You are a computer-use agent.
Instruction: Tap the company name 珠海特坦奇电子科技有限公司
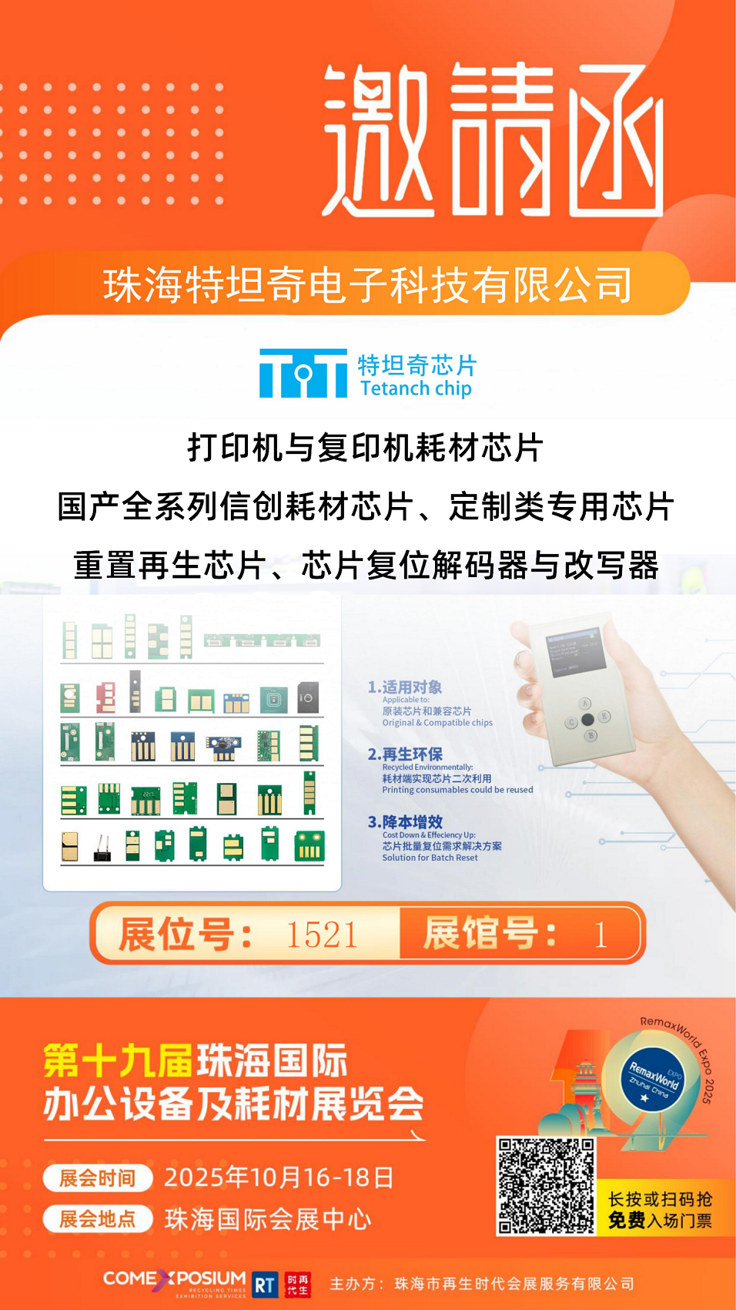click(368, 285)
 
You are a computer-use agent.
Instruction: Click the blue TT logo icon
click(303, 374)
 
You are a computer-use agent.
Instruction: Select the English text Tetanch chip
click(416, 388)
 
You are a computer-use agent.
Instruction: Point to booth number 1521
click(322, 935)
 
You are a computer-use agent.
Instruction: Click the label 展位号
click(185, 935)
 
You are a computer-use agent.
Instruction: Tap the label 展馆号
click(490, 933)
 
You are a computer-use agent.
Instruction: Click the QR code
click(546, 1186)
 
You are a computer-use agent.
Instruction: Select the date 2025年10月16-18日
click(279, 1177)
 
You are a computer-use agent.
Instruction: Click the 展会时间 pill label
click(98, 1178)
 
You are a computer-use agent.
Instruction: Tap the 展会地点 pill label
click(98, 1219)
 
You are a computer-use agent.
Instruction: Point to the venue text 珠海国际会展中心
click(268, 1219)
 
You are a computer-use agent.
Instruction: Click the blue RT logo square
click(264, 1285)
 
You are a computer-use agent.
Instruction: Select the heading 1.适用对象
click(405, 687)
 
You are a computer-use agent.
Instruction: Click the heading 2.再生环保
click(405, 754)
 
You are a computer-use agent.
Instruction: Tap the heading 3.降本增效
click(405, 821)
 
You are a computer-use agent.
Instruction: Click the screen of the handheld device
click(573, 656)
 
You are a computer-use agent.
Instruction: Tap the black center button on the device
click(587, 719)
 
